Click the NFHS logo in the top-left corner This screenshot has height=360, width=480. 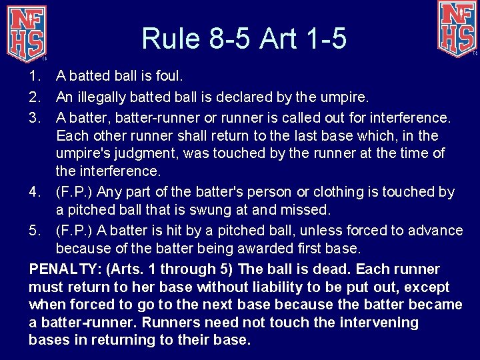tap(27, 32)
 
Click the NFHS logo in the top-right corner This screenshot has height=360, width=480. tap(457, 28)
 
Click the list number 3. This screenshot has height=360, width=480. tap(36, 117)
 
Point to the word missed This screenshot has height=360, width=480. tap(307, 211)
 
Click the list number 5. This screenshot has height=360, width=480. tap(36, 231)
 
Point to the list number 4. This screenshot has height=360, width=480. tap(36, 192)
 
